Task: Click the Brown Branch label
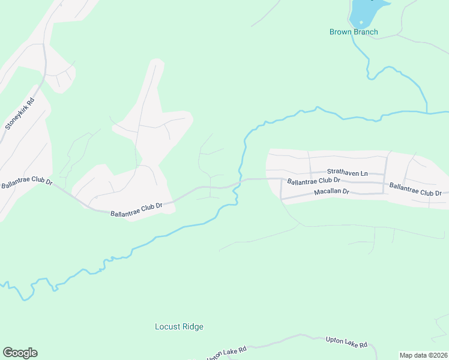point(354,32)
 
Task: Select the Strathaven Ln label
point(346,172)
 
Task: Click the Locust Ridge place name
point(179,327)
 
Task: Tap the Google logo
point(20,353)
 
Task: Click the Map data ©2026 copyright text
point(424,355)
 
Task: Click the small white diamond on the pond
point(361,22)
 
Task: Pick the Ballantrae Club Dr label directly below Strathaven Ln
point(313,180)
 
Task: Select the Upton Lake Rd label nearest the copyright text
point(346,343)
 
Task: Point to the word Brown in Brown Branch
point(340,32)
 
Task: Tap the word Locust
point(167,327)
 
